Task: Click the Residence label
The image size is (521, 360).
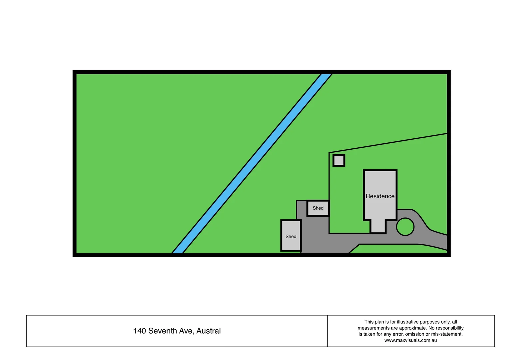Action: [x=380, y=196]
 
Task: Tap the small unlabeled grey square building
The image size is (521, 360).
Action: [x=339, y=160]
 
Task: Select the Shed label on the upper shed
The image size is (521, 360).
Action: [x=318, y=208]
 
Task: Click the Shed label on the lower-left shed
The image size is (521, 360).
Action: [x=291, y=236]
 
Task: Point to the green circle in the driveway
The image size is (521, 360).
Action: [x=405, y=227]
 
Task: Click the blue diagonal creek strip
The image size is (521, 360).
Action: [x=252, y=163]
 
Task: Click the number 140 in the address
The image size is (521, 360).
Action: [x=140, y=331]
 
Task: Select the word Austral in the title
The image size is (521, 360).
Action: [x=209, y=331]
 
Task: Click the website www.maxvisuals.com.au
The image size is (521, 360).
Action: [x=410, y=340]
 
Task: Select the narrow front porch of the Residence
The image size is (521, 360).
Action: [x=378, y=226]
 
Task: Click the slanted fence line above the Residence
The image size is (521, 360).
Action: [x=388, y=143]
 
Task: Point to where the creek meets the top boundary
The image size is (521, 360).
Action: [x=326, y=73]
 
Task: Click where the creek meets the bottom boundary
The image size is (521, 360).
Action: [x=177, y=254]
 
